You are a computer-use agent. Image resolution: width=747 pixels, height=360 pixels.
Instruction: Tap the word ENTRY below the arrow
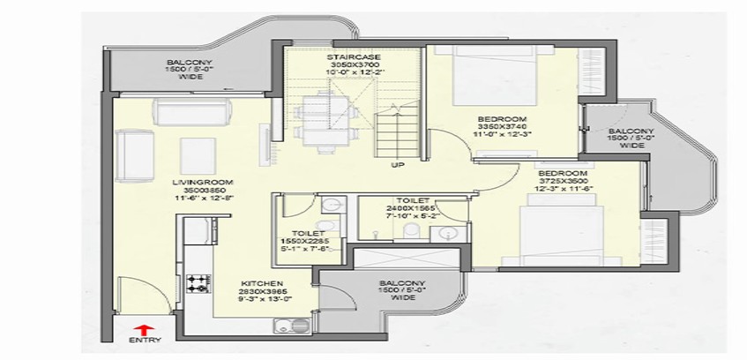[x=139, y=340]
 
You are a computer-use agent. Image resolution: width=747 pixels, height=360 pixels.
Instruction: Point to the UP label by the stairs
[x=399, y=163]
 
